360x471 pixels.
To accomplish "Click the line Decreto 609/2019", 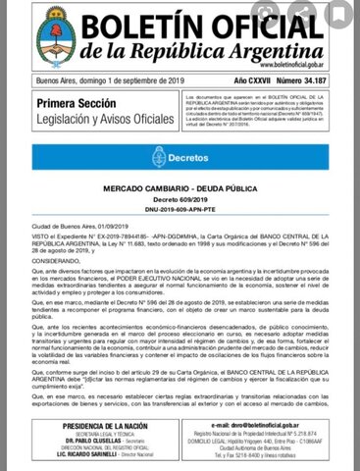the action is (x=180, y=198).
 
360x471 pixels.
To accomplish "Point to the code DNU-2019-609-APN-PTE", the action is (x=180, y=208).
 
